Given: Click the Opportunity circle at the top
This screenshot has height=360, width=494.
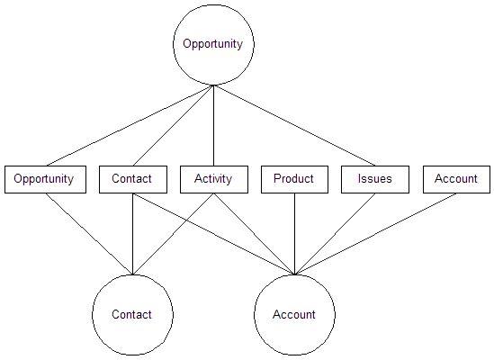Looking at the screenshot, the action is coord(213,44).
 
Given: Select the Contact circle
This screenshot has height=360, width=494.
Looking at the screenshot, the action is coord(132,315).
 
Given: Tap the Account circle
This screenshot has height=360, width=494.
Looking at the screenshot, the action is coord(294,315).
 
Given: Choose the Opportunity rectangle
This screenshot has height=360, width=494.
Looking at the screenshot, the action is coord(45,179).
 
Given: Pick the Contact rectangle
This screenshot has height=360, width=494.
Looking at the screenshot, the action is coord(133,179).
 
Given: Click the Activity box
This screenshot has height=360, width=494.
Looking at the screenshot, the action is coord(214,179).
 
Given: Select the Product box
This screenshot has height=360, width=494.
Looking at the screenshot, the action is coord(294,179).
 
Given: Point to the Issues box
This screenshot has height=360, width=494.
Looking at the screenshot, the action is coord(375,179).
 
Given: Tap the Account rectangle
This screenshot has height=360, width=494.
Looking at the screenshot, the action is coord(456,179).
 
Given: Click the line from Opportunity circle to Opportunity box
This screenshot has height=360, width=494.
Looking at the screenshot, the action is coord(130,125).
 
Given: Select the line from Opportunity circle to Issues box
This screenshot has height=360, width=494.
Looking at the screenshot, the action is coord(294,125).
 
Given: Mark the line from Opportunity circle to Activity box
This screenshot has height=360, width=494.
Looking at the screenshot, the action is coord(213,125).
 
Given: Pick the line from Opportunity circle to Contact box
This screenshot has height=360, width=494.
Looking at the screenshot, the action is coord(174,125).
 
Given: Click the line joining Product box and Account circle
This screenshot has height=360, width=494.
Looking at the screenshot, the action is coord(294,234).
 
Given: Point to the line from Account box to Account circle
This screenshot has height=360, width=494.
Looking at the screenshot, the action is coord(375,234).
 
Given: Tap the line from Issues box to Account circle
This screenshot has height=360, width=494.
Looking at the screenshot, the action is coord(335,234).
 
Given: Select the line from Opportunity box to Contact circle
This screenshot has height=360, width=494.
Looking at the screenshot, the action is coord(89,234).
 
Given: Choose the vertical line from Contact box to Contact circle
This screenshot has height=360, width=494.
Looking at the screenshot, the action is coord(132,234).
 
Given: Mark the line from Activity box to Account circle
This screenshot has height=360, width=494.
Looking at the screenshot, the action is coord(255,234).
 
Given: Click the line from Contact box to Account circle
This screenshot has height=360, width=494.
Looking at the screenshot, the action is coord(213,234).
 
